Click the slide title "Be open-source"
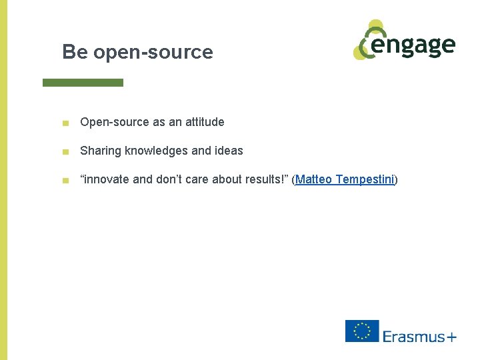tap(137, 52)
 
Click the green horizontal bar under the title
tap(83, 83)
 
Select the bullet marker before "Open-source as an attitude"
tap(64, 123)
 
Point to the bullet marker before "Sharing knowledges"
tap(64, 151)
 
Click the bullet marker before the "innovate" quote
tap(64, 180)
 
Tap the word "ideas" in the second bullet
tap(228, 151)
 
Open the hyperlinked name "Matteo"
tap(315, 179)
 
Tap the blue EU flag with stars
tap(362, 331)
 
